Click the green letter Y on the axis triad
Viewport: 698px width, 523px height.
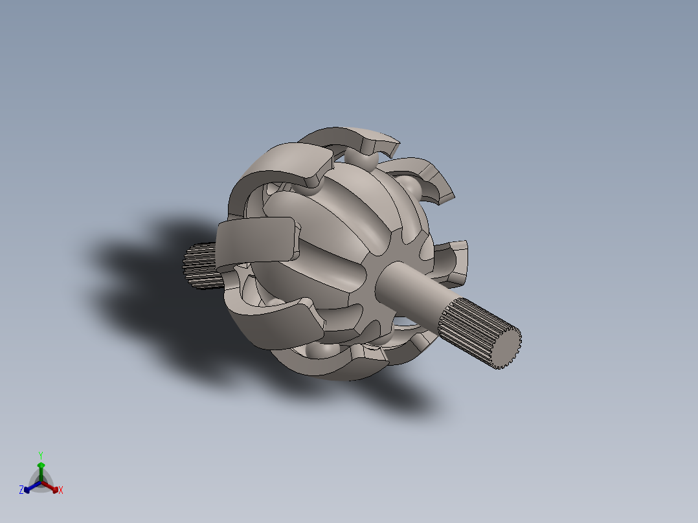pyautogui.click(x=40, y=455)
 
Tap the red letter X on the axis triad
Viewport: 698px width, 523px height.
pyautogui.click(x=61, y=491)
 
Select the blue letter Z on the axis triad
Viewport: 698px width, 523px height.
pyautogui.click(x=21, y=491)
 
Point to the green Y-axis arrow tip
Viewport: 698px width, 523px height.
pyautogui.click(x=41, y=465)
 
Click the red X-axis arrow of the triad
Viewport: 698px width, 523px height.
pyautogui.click(x=52, y=487)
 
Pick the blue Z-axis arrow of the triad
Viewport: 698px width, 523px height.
pyautogui.click(x=29, y=487)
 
